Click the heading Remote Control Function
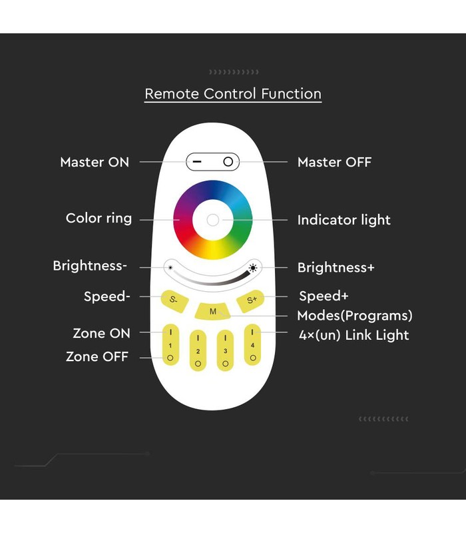click(233, 93)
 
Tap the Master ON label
click(95, 162)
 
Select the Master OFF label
click(335, 162)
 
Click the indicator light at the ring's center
click(213, 220)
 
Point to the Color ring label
click(99, 219)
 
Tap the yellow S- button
click(174, 300)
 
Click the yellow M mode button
click(212, 311)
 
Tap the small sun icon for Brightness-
click(170, 268)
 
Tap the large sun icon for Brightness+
click(253, 268)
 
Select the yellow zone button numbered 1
click(170, 344)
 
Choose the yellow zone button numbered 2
click(198, 350)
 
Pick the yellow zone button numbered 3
click(225, 350)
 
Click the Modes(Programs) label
click(355, 315)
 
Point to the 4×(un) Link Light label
click(354, 335)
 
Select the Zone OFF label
click(97, 356)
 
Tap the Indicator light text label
click(344, 220)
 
